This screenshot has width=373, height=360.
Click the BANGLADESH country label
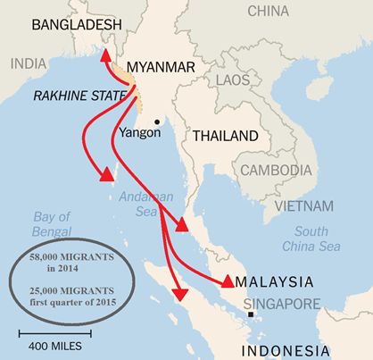pos(76,27)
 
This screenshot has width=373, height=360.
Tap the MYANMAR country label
pos(162,67)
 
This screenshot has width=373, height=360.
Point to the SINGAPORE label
pos(277,300)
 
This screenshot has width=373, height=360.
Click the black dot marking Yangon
pos(157,122)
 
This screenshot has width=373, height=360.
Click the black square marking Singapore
pos(252,314)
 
